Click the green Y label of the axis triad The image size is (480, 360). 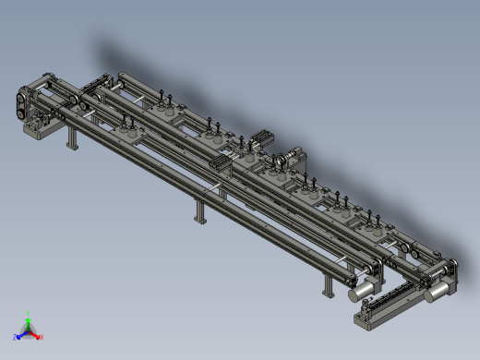point(29,314)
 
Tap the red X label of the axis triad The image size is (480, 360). point(42,337)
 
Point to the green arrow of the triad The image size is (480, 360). point(29,322)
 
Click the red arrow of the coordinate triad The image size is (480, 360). point(35,334)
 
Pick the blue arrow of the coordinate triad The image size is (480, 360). point(21,333)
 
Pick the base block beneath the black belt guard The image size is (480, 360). point(39,130)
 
